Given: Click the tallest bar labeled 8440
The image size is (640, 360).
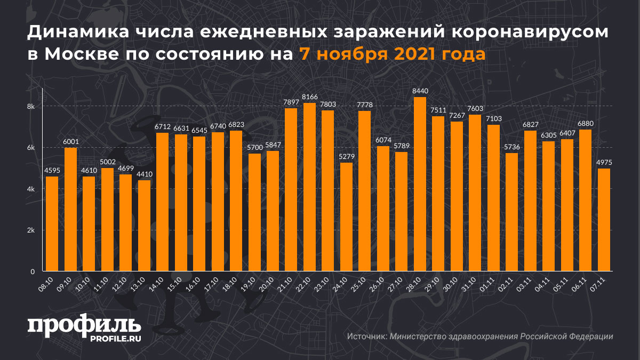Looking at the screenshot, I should click(x=420, y=184).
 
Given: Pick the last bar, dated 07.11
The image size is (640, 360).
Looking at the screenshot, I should click(x=604, y=220).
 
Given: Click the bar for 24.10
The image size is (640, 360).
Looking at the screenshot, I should click(x=346, y=217).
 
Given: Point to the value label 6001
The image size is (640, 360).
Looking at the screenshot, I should click(x=70, y=142).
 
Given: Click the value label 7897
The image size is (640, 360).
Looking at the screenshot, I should click(x=291, y=102).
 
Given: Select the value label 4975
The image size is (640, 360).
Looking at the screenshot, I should click(x=604, y=163).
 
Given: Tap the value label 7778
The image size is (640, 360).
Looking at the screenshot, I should click(x=364, y=105).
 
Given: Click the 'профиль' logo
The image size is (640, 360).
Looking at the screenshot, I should click(x=84, y=326).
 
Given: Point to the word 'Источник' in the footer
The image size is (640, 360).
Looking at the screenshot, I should click(x=366, y=337).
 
